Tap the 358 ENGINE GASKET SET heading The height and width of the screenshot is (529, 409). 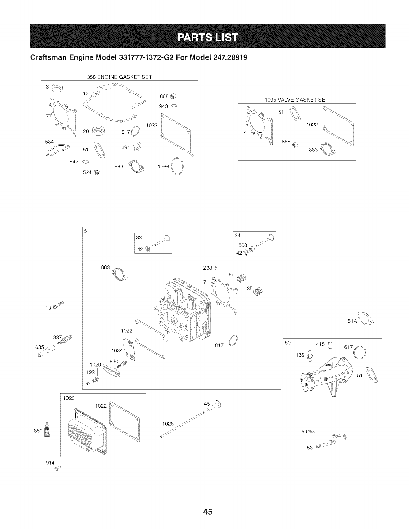119,77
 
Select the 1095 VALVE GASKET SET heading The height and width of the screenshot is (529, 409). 296,100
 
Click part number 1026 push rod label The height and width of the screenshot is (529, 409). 168,424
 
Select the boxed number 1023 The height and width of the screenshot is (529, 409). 69,398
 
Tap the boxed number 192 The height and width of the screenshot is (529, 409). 90,372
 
